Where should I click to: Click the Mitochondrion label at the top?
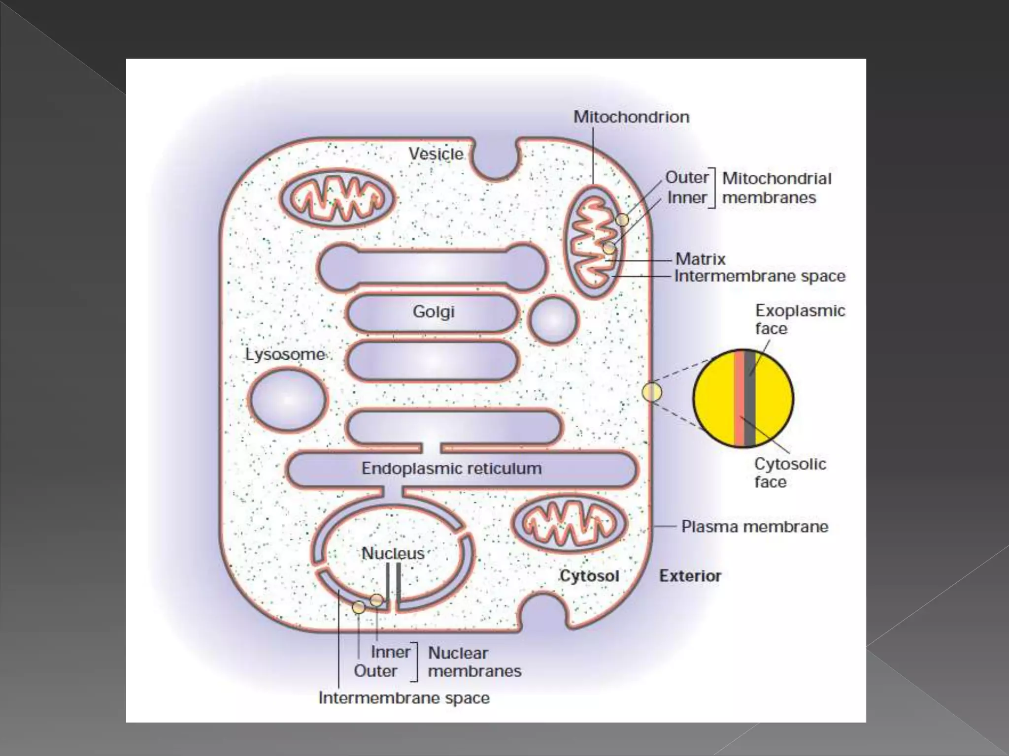(631, 117)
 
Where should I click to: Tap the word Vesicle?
(436, 154)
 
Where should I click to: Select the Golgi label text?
(434, 312)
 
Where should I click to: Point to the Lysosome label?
(285, 354)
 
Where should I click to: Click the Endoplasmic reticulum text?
(451, 469)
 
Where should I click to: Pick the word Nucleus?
(393, 553)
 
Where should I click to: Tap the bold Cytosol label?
(589, 576)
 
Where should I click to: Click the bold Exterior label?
(690, 576)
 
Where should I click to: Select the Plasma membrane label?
(754, 527)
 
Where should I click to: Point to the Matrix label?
(700, 259)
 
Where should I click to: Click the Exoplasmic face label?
(800, 319)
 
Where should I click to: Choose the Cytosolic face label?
(790, 472)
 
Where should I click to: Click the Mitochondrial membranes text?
(776, 188)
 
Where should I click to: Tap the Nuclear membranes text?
(474, 662)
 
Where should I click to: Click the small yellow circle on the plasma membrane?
(652, 392)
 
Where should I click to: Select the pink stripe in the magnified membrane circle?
(739, 399)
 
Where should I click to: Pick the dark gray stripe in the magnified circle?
(750, 399)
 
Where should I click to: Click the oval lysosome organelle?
(288, 400)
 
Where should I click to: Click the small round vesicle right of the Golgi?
(553, 320)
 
